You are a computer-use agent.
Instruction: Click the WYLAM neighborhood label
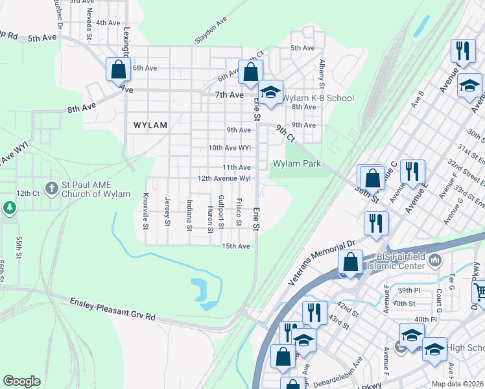click(x=150, y=125)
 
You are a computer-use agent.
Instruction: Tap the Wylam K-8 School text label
click(x=318, y=98)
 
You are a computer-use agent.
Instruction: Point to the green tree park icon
click(x=9, y=208)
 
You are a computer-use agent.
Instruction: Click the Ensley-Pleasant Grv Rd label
click(x=113, y=308)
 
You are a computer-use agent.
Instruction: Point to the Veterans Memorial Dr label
click(x=323, y=261)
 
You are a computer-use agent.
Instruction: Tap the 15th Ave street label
click(x=236, y=246)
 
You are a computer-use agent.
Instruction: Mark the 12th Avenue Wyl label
click(x=224, y=178)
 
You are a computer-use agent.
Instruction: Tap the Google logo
click(x=22, y=381)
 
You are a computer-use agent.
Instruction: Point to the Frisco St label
click(x=239, y=212)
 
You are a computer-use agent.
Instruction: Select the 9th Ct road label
click(x=285, y=134)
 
